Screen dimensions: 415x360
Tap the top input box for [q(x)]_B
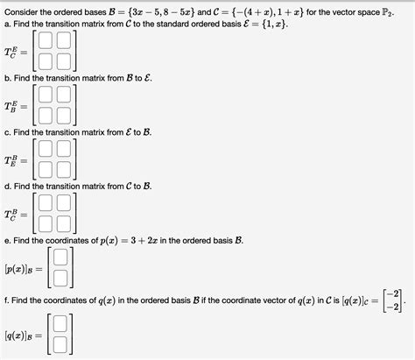click(60, 322)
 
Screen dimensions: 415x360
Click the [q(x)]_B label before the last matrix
click(24, 332)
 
